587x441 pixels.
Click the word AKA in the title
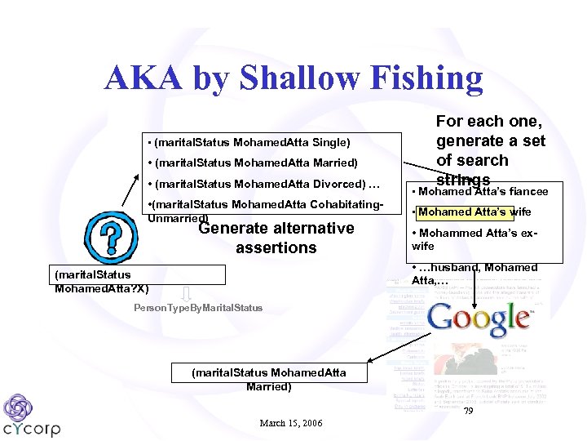tap(144, 78)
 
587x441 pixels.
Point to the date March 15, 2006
tap(290, 423)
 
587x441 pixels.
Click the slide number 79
tap(468, 412)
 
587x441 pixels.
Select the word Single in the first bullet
tap(331, 142)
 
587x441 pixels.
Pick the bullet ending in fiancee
tap(481, 192)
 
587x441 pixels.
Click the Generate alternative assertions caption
tap(276, 238)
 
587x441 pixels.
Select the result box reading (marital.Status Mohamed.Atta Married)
tap(268, 379)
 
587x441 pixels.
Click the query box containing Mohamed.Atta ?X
tap(101, 282)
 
